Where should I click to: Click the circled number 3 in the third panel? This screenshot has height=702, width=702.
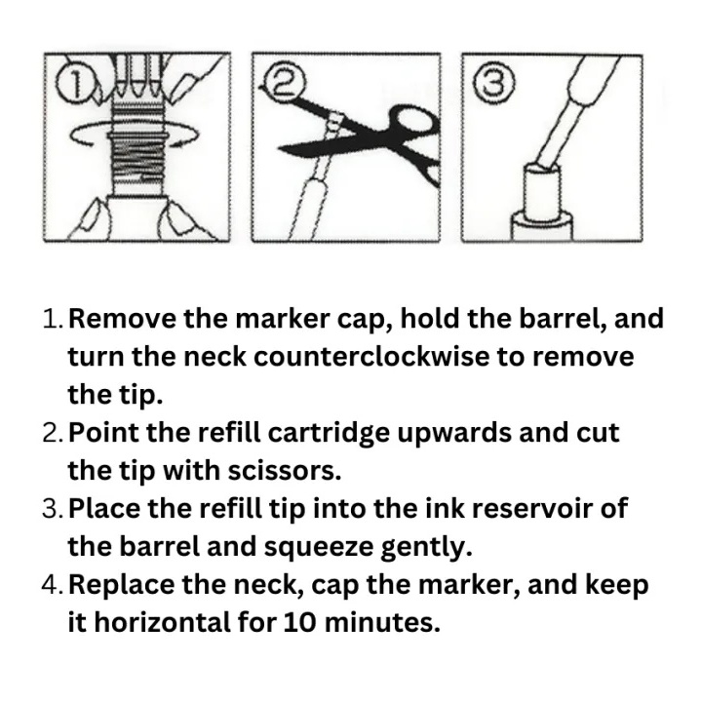tap(494, 82)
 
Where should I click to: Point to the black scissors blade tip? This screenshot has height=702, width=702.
tap(280, 148)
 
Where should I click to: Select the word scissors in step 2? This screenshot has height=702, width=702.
tap(285, 471)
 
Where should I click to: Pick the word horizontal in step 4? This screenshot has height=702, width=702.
tap(164, 623)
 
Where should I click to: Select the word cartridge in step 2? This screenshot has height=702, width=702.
tap(329, 433)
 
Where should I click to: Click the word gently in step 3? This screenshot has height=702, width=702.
tap(427, 548)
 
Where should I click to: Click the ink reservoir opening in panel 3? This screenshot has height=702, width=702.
tap(542, 169)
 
